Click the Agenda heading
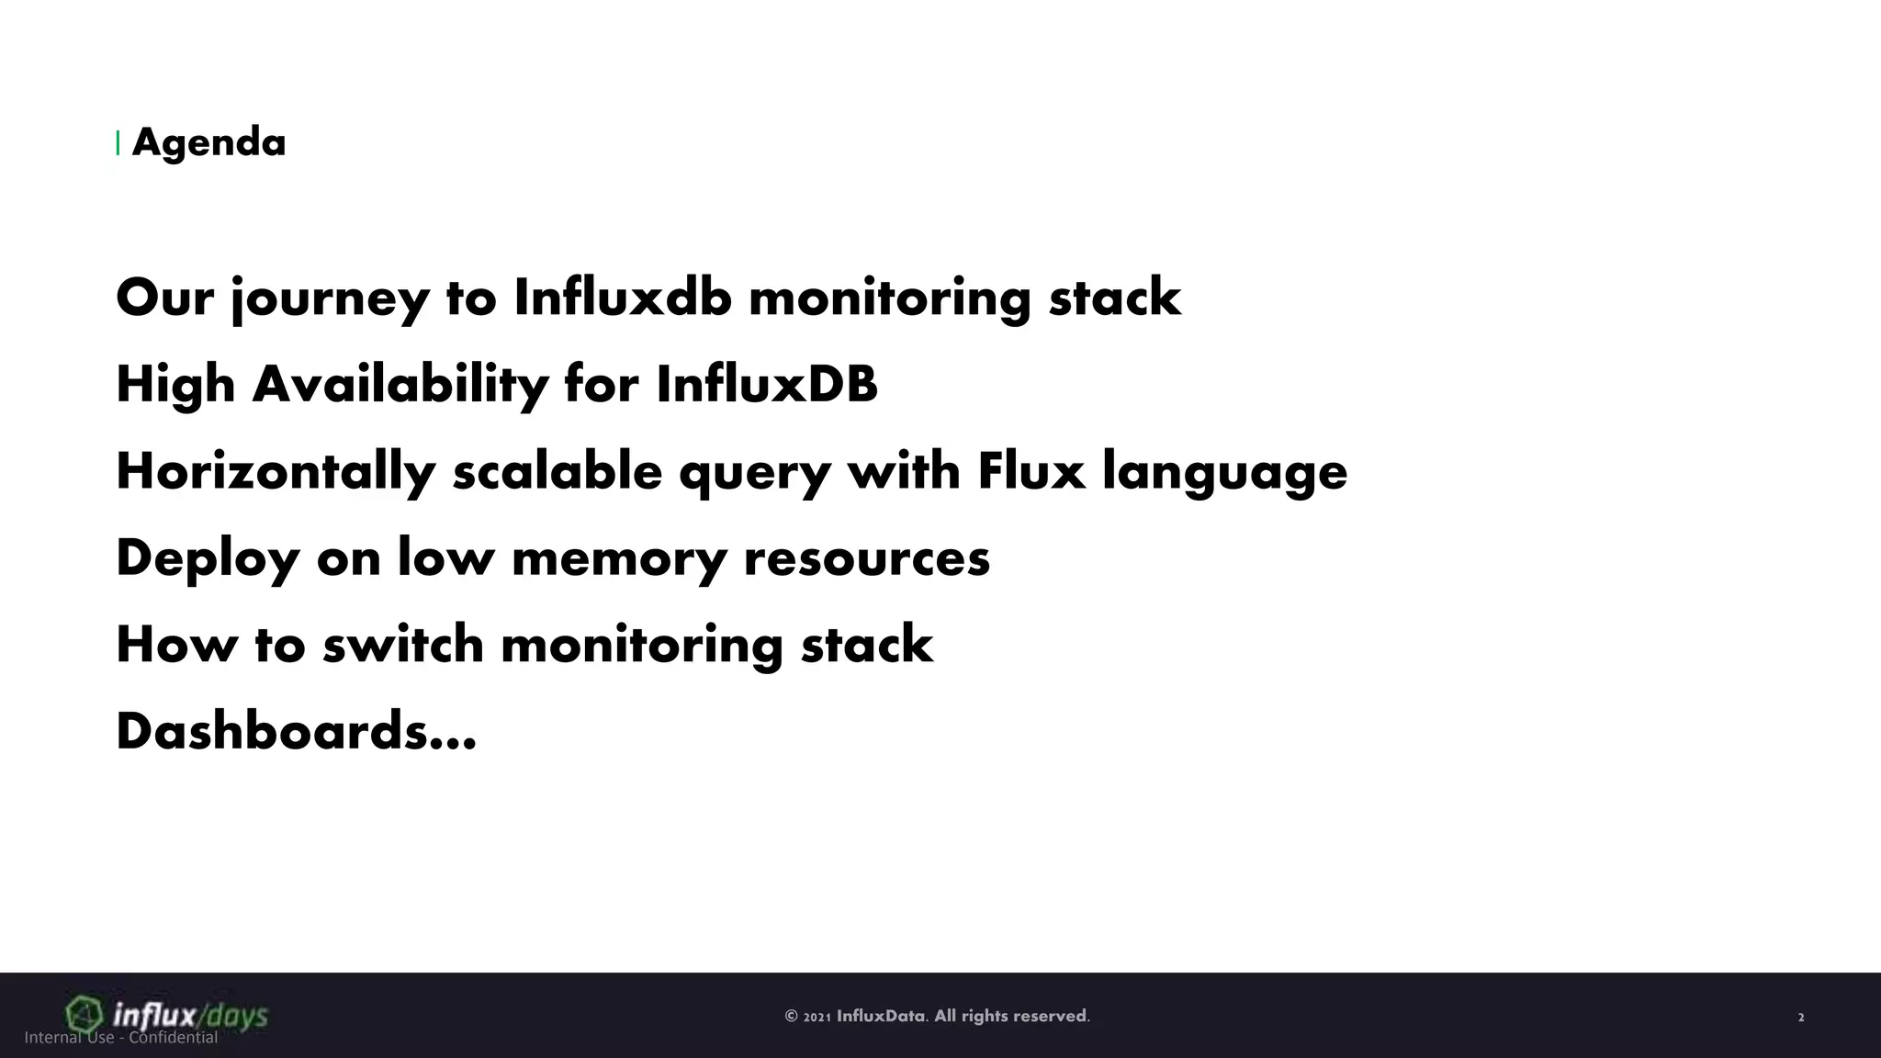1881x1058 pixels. point(208,143)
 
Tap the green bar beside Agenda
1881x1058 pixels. point(118,143)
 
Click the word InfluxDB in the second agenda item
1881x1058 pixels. point(767,384)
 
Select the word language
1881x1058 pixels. point(1224,472)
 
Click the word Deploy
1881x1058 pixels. point(208,558)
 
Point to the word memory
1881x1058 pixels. point(618,558)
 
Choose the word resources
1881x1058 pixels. point(866,558)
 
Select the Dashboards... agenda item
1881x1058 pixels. point(296,731)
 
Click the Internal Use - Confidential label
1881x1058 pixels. point(121,1038)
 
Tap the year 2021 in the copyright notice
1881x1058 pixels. point(817,1017)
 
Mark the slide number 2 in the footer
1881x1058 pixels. point(1801,1018)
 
